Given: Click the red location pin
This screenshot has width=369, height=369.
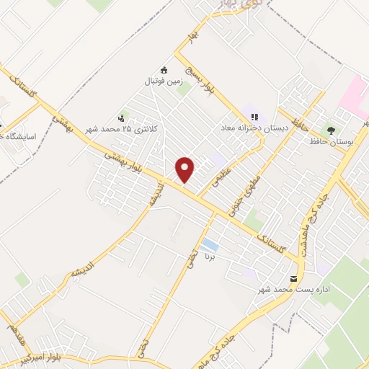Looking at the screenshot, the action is tap(186, 169).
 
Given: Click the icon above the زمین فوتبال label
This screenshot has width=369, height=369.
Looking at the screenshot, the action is tap(164, 70).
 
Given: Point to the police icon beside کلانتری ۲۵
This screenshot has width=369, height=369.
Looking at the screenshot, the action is tap(120, 117).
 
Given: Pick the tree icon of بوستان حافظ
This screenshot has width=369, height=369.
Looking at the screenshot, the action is tap(331, 130).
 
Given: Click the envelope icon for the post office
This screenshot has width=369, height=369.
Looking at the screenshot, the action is tap(293, 278).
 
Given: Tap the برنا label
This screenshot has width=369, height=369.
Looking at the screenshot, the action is tap(210, 257).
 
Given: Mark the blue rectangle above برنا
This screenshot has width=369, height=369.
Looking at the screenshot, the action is tap(210, 244).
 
